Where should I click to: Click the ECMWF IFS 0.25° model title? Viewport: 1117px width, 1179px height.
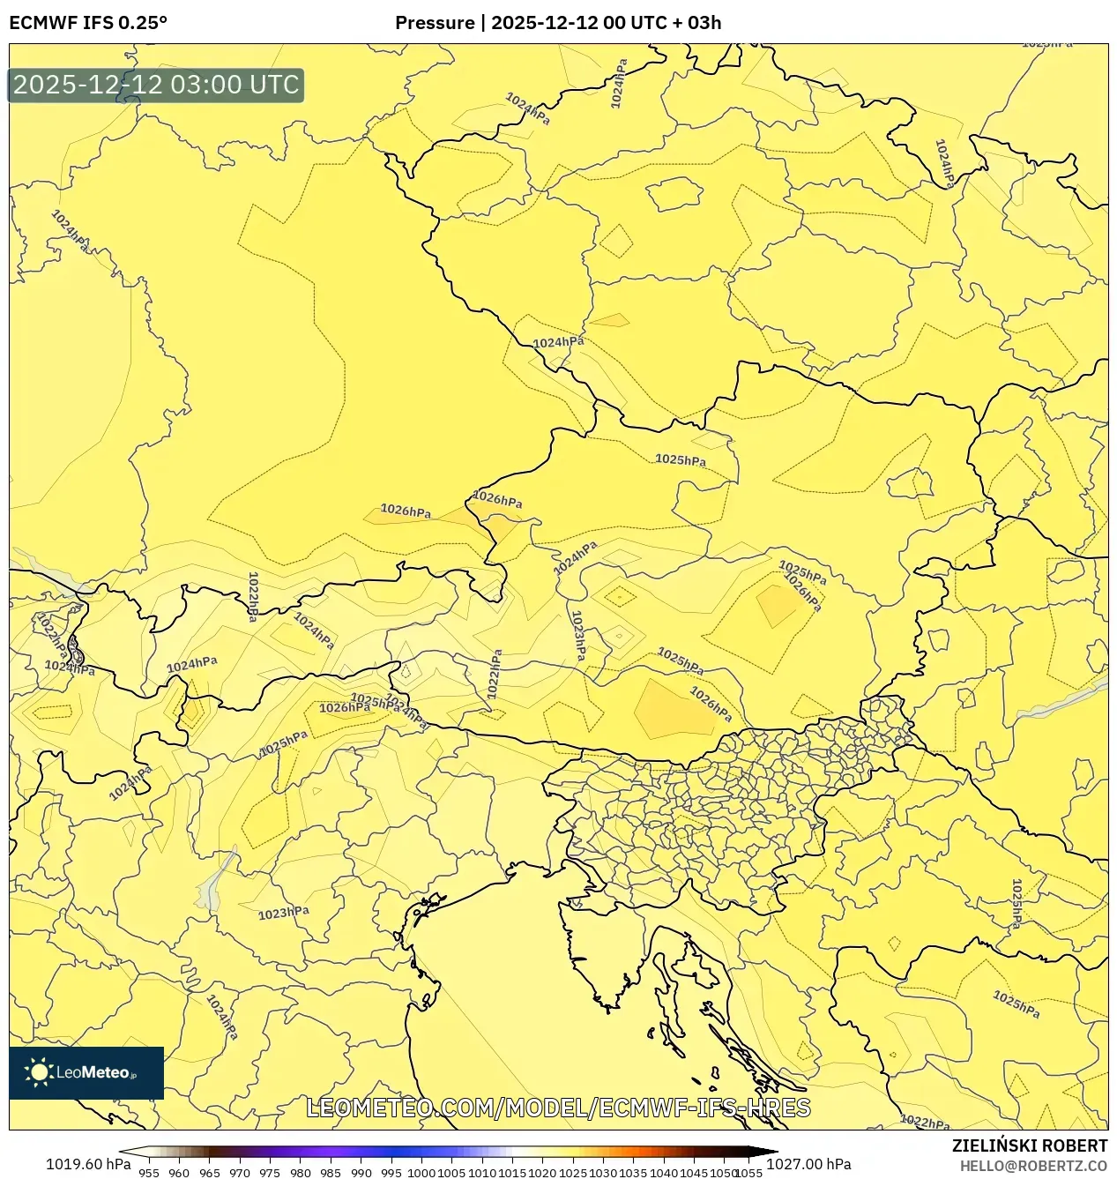point(88,23)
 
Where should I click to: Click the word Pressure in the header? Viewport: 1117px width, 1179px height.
point(434,23)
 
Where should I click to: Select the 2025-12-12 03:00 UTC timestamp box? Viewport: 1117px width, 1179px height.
point(156,86)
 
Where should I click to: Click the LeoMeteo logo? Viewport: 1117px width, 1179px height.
point(86,1073)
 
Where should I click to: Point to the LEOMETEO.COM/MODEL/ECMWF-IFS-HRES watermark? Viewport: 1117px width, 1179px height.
point(558,1108)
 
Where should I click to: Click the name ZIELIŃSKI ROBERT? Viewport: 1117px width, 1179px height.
point(1029,1146)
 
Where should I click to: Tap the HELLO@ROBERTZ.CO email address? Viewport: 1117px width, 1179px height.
point(1033,1166)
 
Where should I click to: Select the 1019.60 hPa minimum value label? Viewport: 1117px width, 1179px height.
point(88,1164)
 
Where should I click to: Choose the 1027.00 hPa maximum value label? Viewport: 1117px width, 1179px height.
point(808,1164)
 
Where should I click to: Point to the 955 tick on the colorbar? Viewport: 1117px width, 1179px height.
point(149,1173)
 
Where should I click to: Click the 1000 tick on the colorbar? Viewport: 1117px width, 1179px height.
point(421,1173)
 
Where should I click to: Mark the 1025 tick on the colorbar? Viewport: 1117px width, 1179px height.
point(573,1173)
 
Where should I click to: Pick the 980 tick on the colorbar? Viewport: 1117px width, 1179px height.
point(301,1173)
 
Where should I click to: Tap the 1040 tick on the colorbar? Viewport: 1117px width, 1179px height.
point(664,1173)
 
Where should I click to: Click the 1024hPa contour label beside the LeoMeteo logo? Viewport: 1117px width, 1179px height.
point(222,1017)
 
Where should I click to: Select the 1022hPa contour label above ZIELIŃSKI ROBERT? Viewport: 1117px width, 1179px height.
point(925,1123)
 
